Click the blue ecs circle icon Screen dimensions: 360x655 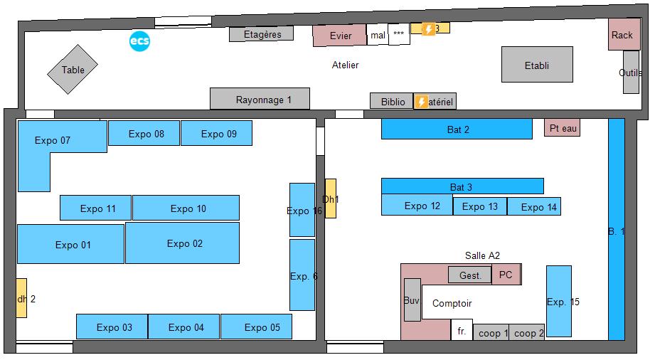tap(139, 42)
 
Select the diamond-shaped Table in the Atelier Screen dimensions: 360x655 tap(73, 70)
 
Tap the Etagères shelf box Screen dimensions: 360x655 tap(261, 34)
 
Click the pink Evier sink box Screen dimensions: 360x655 tap(340, 36)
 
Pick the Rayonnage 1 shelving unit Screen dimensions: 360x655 tap(260, 99)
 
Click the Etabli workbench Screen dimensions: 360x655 tap(537, 65)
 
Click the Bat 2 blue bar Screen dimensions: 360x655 tap(457, 129)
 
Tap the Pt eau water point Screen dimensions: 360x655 tap(562, 128)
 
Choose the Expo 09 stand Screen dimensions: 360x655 tap(216, 133)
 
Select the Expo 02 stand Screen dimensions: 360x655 tap(183, 243)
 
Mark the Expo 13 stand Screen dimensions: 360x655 tap(479, 206)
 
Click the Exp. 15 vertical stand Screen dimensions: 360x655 tap(559, 301)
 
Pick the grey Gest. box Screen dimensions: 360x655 tap(469, 275)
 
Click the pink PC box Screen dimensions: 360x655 tap(506, 274)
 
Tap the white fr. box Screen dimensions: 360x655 tap(462, 330)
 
